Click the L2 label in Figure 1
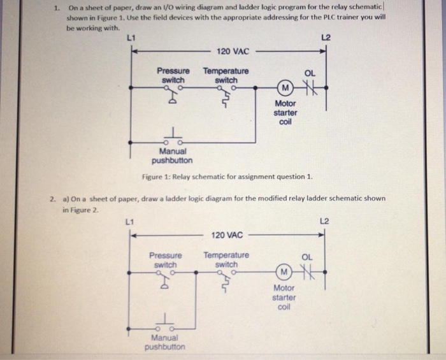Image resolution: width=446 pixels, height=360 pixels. tap(325, 38)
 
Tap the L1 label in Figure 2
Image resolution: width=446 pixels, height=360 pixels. tap(129, 222)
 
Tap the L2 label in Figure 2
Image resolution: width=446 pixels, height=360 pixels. tap(324, 221)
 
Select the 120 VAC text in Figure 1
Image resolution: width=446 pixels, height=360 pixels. tap(232, 51)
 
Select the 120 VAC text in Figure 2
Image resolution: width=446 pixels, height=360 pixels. tap(227, 235)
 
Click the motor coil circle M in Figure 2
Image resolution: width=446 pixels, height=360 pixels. tap(284, 273)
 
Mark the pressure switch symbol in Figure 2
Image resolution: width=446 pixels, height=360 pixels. tap(166, 278)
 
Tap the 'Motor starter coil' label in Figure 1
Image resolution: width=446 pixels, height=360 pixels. tap(285, 113)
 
